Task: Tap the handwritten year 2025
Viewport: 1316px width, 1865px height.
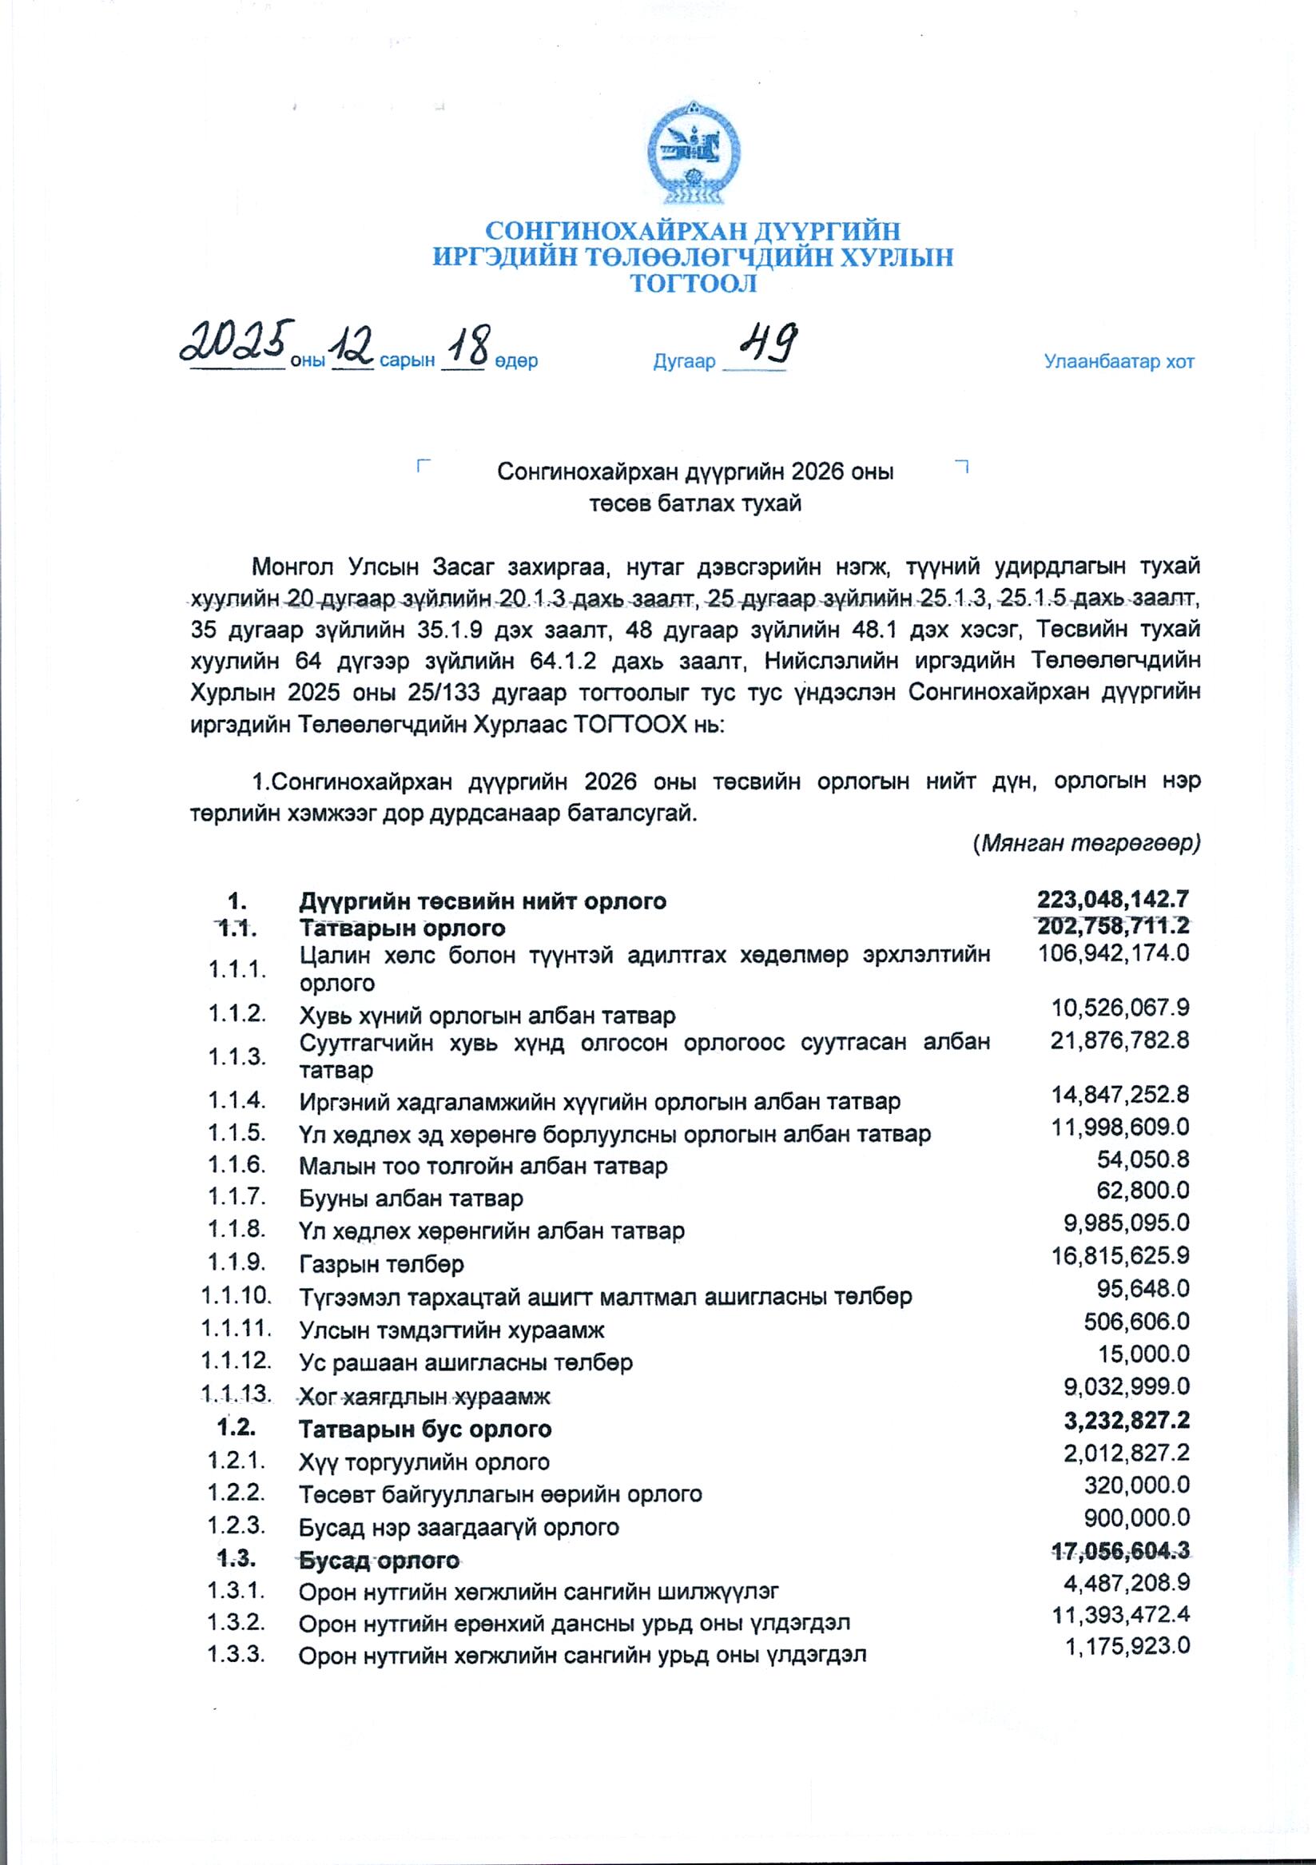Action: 236,342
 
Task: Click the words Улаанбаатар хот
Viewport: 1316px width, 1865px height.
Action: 1119,361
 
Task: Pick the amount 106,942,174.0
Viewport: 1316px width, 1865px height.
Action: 1113,952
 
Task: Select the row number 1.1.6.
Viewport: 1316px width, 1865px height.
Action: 237,1164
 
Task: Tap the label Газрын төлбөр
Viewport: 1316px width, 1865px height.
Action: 381,1264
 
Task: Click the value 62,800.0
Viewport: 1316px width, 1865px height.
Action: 1143,1191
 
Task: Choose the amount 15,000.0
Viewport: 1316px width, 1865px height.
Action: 1143,1354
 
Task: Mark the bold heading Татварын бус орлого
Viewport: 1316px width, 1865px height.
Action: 425,1429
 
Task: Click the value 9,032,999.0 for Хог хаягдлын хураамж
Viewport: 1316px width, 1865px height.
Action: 1126,1386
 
